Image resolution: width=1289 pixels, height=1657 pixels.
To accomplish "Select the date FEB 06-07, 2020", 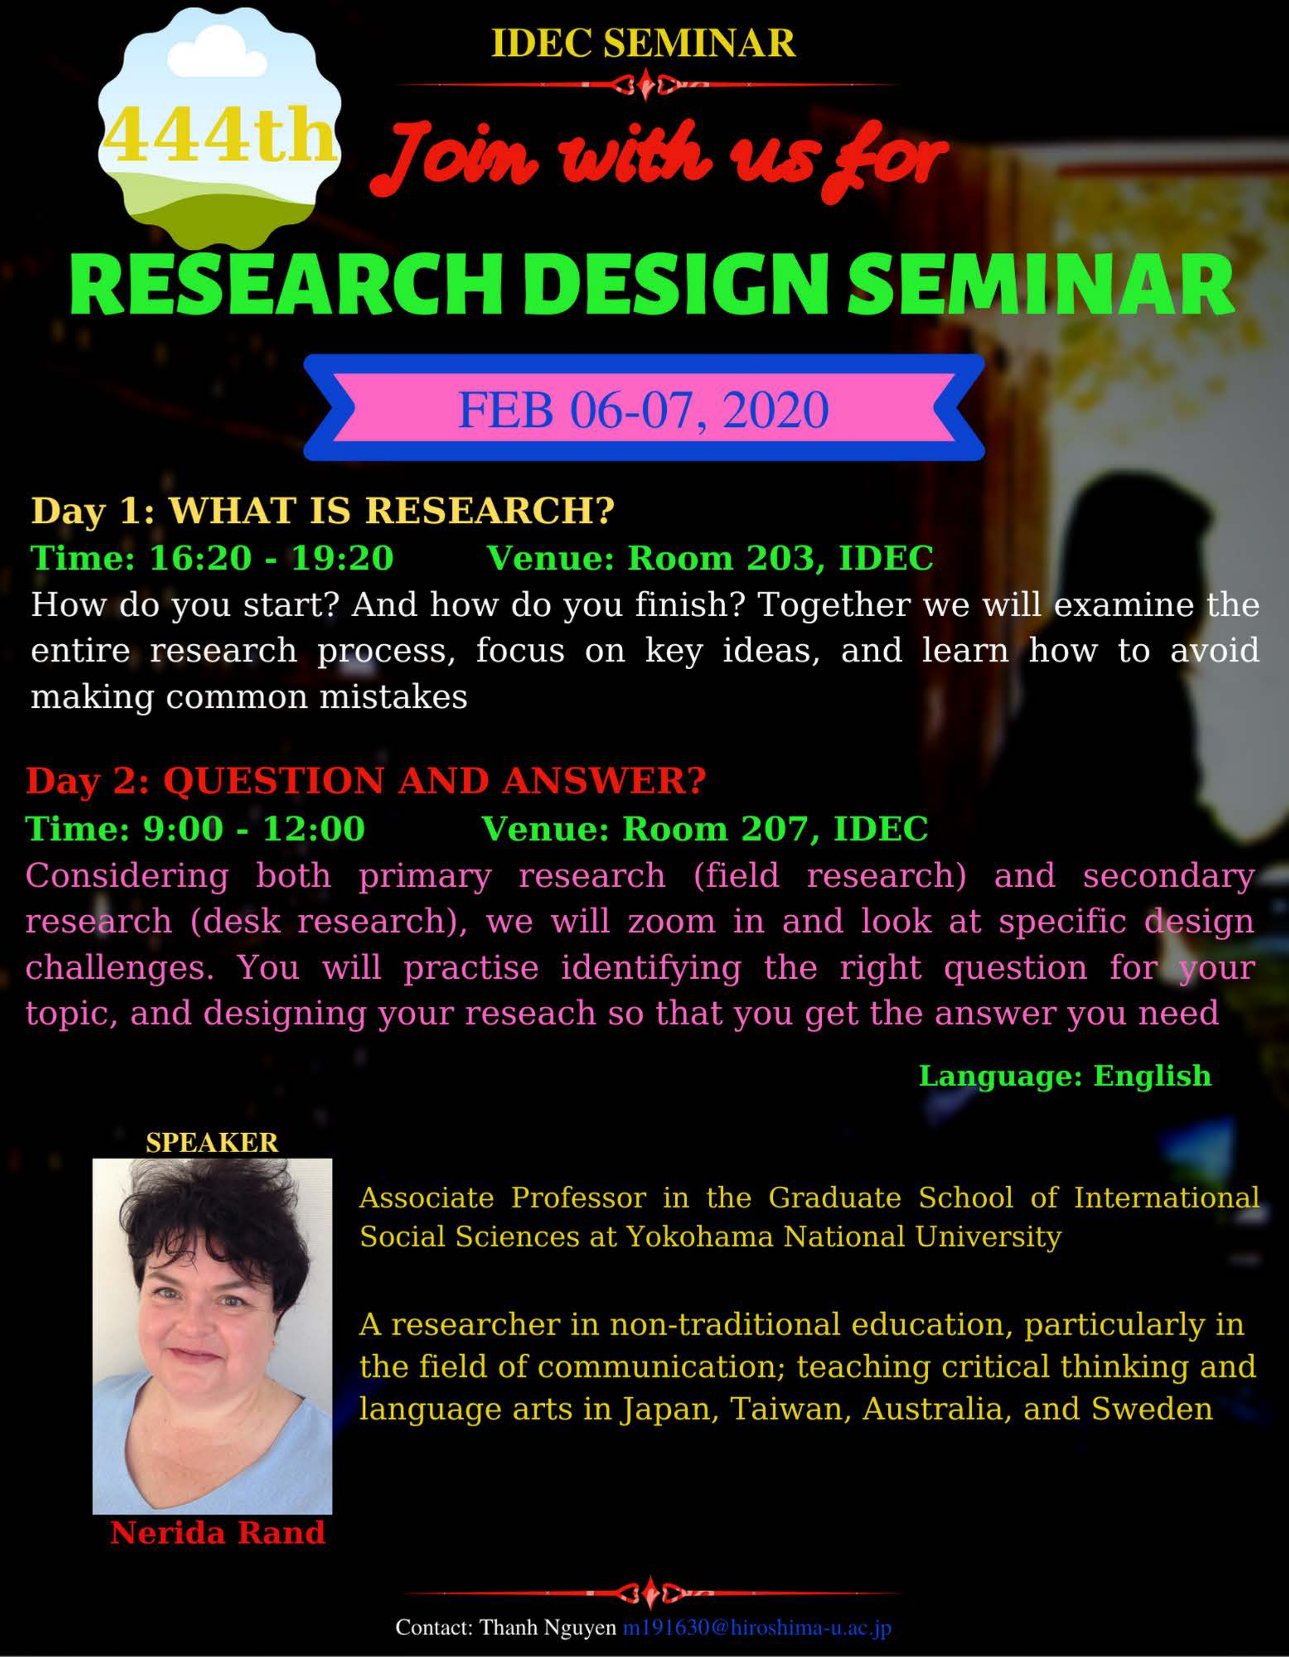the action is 643,410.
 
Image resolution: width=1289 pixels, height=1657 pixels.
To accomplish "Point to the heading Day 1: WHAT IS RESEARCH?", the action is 323,510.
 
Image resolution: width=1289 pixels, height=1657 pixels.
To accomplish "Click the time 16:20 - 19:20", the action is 271,558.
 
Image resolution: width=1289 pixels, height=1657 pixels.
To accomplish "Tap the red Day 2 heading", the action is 366,781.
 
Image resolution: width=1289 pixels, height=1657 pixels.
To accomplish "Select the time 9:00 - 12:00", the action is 254,828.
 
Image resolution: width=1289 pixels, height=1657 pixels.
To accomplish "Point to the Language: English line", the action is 1064,1076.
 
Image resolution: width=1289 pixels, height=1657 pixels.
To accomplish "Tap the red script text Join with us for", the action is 659,159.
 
